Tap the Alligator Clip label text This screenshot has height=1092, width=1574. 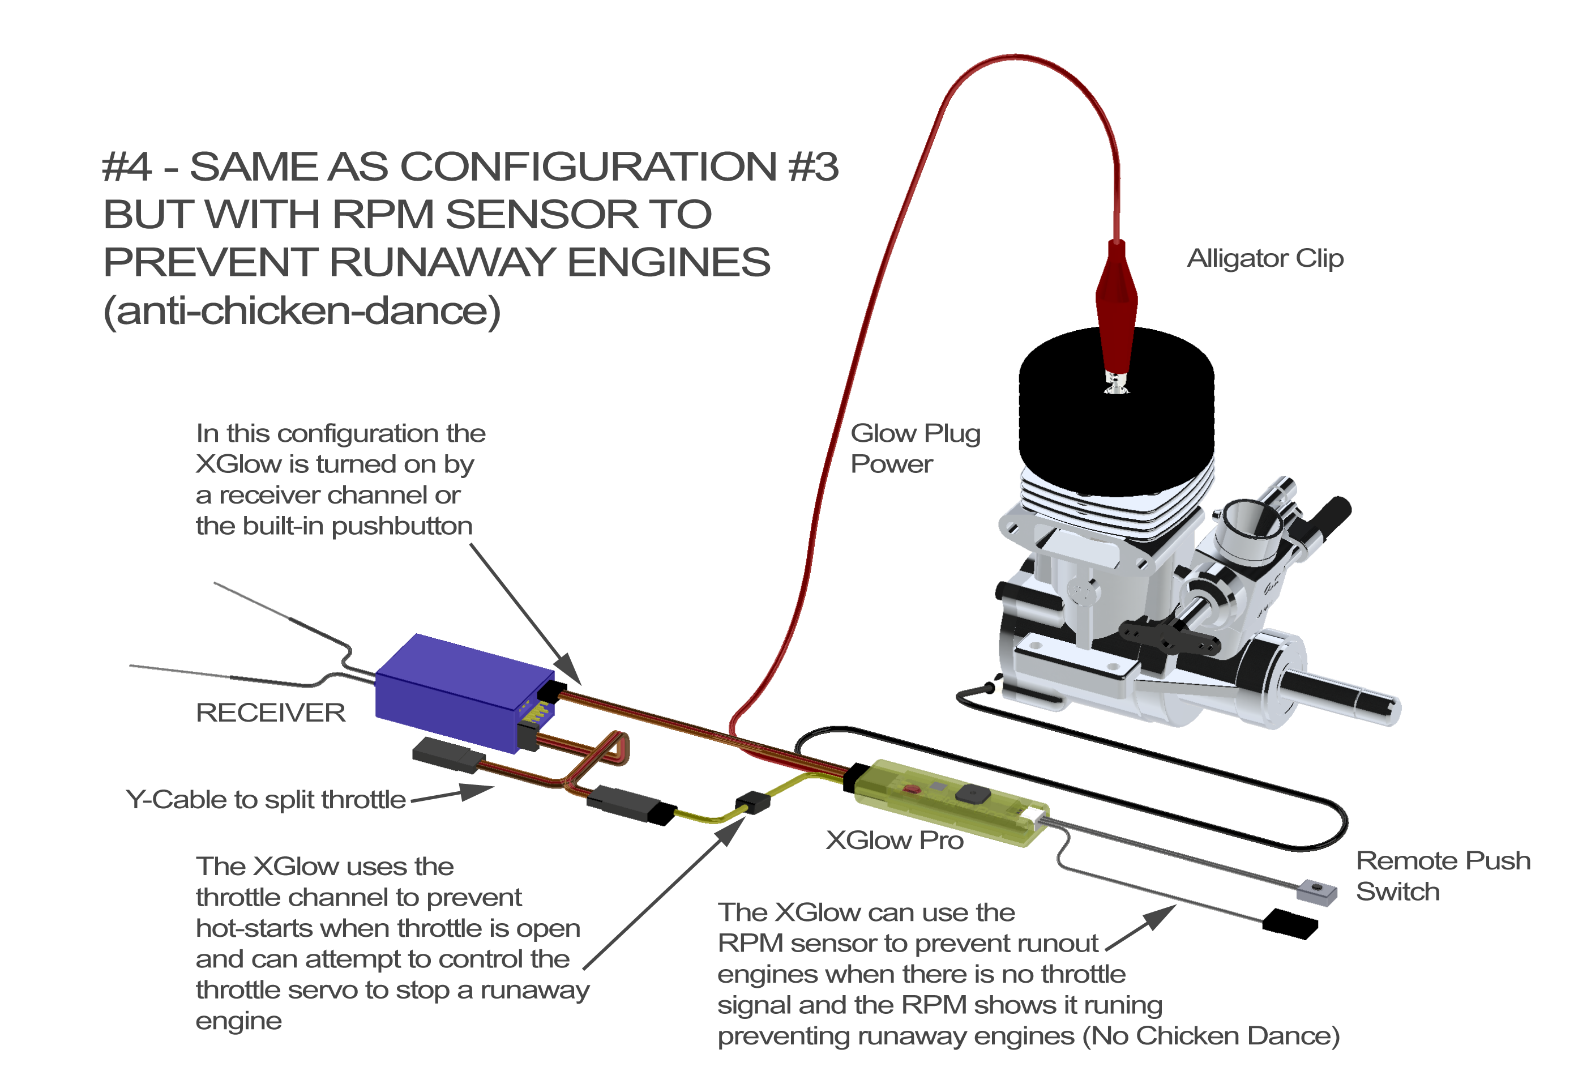point(1265,259)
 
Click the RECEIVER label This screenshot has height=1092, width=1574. point(270,713)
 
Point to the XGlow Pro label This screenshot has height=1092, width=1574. point(895,839)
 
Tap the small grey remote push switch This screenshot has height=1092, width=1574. point(1316,891)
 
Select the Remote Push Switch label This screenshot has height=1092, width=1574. point(1443,876)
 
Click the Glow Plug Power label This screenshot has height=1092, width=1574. point(915,448)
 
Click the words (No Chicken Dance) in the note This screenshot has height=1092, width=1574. point(1211,1036)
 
